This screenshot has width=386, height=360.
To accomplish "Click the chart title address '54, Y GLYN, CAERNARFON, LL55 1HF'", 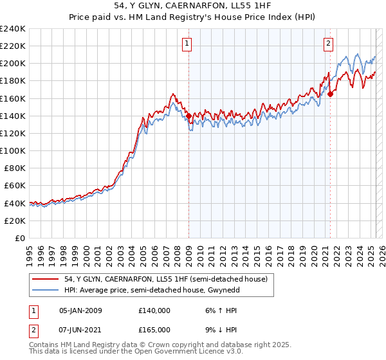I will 192,6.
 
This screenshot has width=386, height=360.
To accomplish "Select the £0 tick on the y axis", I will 21,238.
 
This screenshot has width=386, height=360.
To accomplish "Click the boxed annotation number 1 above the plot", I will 187,44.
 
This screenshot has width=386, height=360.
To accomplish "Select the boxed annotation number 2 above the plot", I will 328,44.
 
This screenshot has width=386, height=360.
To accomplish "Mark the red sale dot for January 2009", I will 188,116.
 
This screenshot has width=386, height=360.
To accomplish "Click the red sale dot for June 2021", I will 330,94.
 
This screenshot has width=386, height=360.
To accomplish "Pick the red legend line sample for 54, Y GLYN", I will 46,279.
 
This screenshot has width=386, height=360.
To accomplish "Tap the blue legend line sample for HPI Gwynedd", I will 46,291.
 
